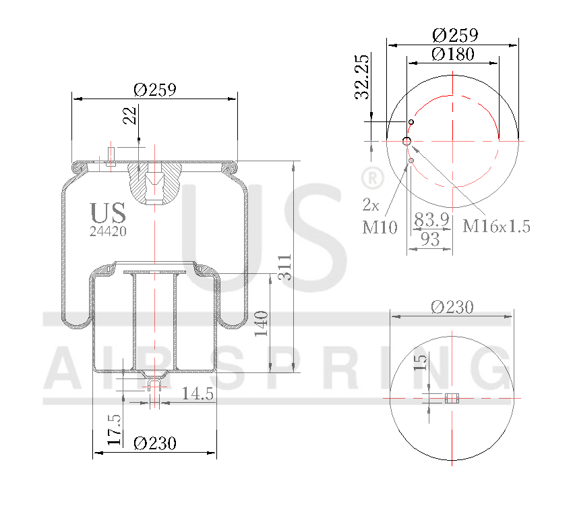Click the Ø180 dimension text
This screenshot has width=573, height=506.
pyautogui.click(x=453, y=54)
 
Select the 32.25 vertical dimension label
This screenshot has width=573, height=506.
pyautogui.click(x=363, y=77)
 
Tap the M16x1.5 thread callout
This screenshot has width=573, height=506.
pyautogui.click(x=496, y=226)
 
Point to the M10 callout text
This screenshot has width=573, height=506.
pyautogui.click(x=379, y=227)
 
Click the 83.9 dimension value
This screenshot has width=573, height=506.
pyautogui.click(x=431, y=221)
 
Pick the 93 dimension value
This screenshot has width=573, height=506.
pyautogui.click(x=429, y=238)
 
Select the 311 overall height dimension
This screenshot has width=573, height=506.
pyautogui.click(x=284, y=267)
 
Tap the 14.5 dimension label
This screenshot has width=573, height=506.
pyautogui.click(x=197, y=393)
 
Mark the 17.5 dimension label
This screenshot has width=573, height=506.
pyautogui.click(x=115, y=430)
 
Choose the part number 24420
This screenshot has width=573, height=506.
pyautogui.click(x=108, y=231)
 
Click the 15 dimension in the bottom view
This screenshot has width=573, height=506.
pyautogui.click(x=420, y=362)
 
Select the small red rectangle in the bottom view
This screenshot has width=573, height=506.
pyautogui.click(x=452, y=398)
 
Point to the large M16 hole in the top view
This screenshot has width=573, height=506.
pyautogui.click(x=407, y=141)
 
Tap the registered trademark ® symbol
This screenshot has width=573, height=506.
pyautogui.click(x=371, y=178)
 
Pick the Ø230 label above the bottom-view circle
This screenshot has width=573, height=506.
pyautogui.click(x=452, y=307)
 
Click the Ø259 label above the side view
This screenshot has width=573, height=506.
pyautogui.click(x=155, y=90)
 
